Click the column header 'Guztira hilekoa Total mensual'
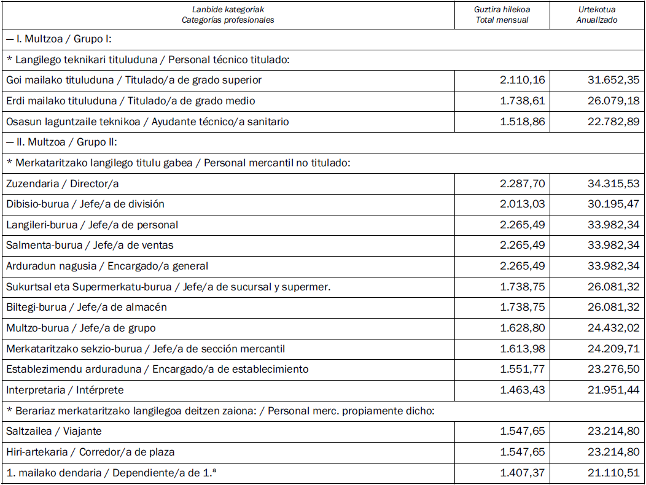click(x=502, y=15)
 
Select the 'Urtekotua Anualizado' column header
click(x=597, y=15)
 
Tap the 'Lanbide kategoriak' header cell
click(x=228, y=15)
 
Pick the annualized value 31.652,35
click(x=613, y=80)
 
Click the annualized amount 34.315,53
click(x=613, y=184)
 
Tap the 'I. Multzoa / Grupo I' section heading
click(x=58, y=39)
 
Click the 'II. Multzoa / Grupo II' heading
click(x=61, y=142)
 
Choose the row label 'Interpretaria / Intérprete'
click(x=65, y=390)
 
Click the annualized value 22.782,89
click(x=613, y=122)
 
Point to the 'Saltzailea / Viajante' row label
click(x=54, y=432)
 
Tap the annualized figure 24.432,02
click(x=613, y=328)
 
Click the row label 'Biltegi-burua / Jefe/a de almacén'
click(x=87, y=307)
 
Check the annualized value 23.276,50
click(x=613, y=369)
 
